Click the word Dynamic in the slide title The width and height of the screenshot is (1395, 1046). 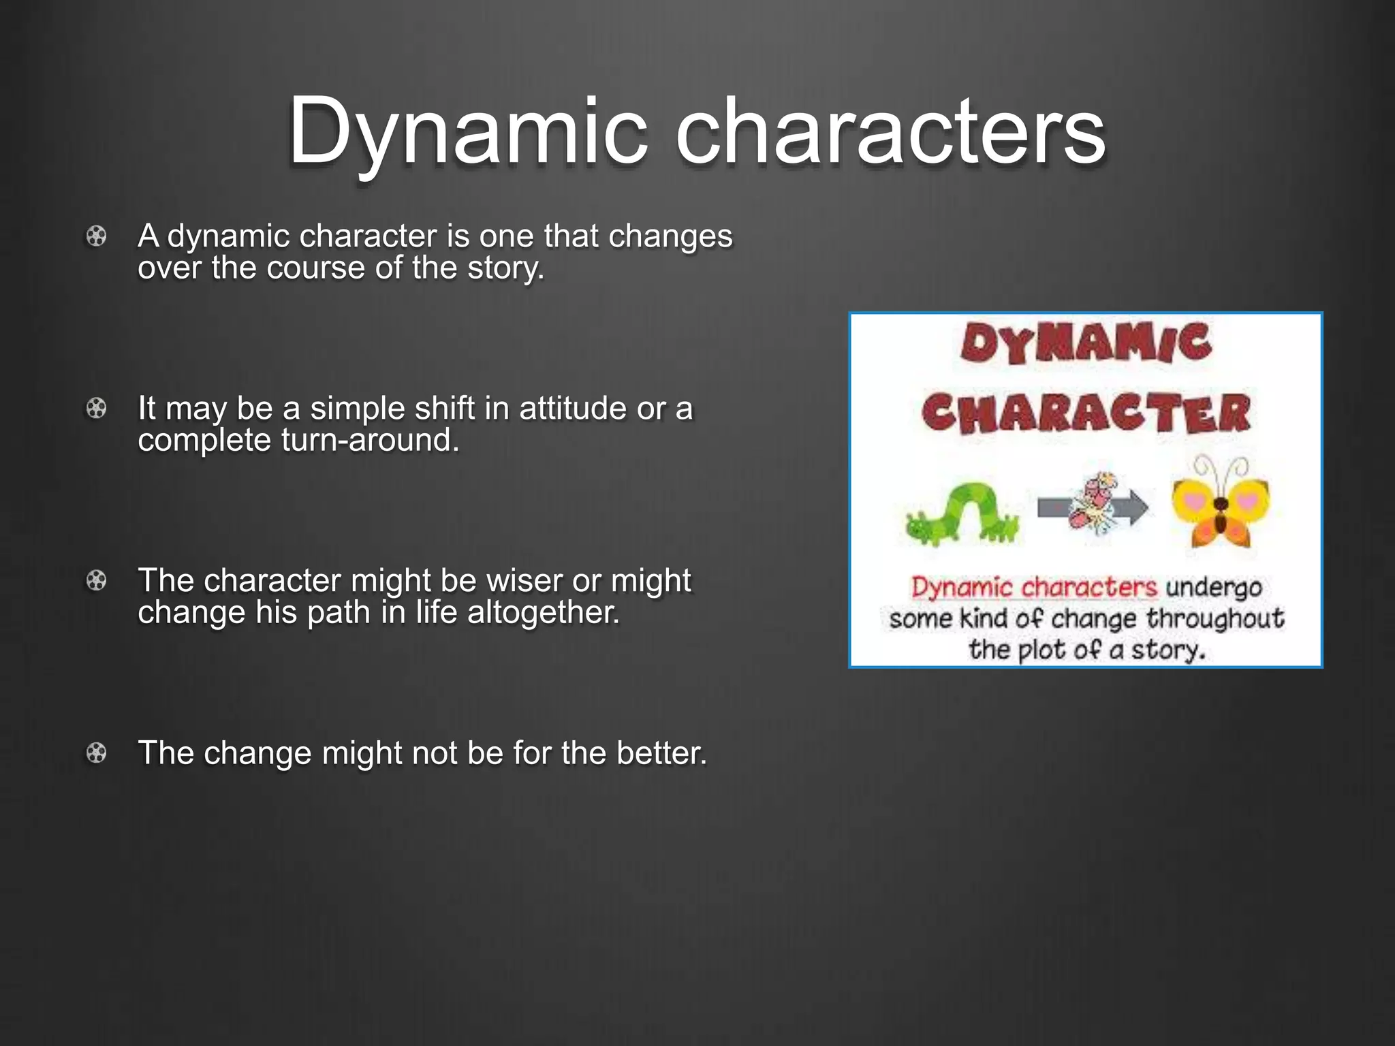(x=467, y=131)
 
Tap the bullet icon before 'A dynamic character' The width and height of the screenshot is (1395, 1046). (x=97, y=236)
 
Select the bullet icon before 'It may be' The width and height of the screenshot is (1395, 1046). (x=97, y=409)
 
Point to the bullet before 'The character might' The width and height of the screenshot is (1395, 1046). (x=97, y=581)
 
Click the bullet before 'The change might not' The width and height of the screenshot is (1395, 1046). (x=97, y=753)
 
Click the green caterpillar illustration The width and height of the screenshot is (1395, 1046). (x=962, y=514)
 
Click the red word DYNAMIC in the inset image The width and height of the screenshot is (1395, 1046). (x=1086, y=344)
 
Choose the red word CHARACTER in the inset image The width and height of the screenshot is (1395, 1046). (x=1086, y=413)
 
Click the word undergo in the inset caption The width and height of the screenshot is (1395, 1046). (x=1214, y=588)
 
